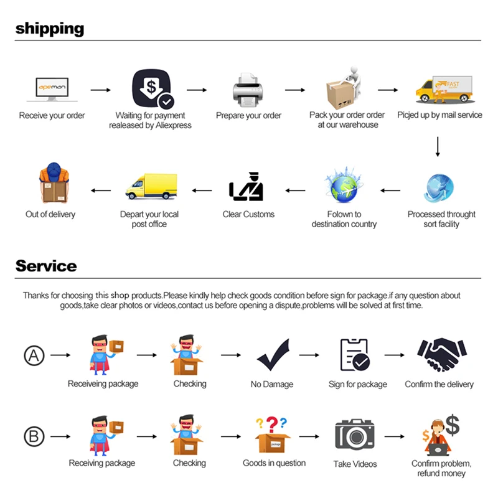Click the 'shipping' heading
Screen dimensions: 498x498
click(50, 29)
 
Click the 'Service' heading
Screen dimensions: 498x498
click(46, 266)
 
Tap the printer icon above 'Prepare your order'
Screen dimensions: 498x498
click(248, 90)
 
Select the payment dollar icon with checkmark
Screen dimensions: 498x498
click(151, 90)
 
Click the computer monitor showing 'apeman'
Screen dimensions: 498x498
click(52, 90)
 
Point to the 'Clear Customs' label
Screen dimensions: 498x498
click(248, 214)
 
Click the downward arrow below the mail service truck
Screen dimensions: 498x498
click(438, 146)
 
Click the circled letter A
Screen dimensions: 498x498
click(34, 355)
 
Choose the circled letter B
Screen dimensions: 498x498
click(34, 436)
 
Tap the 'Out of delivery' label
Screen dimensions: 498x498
click(50, 214)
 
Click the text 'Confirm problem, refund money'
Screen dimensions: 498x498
click(441, 468)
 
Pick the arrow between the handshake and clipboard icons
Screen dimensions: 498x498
click(394, 355)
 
